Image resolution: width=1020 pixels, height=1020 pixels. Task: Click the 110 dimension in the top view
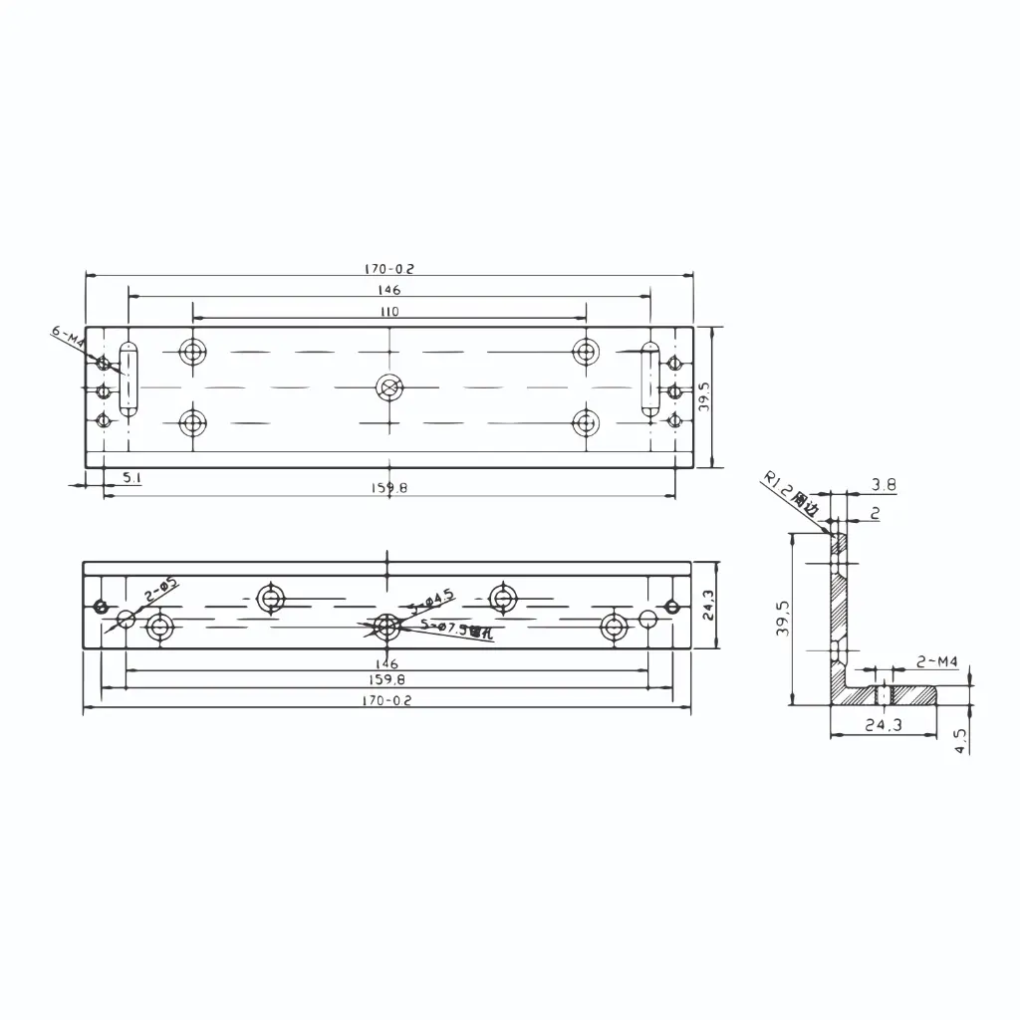(x=389, y=312)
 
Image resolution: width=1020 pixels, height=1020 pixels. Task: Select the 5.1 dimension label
(x=131, y=478)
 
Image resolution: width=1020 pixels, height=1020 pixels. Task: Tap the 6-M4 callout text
(x=69, y=337)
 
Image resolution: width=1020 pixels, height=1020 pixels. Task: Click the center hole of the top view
(x=388, y=387)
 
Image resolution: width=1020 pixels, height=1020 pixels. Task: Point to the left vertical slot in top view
(x=128, y=380)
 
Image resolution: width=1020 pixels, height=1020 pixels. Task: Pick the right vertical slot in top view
(x=649, y=380)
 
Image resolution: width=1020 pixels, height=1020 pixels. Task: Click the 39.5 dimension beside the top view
(x=703, y=396)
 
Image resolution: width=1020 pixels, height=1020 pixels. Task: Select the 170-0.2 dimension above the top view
(x=389, y=269)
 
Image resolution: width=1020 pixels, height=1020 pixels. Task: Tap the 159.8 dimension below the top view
(x=389, y=488)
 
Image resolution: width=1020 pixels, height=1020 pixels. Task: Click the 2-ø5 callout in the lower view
(x=160, y=589)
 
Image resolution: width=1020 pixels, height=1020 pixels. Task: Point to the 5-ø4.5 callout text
(x=434, y=599)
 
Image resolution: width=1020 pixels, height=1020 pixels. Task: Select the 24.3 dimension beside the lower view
(x=708, y=606)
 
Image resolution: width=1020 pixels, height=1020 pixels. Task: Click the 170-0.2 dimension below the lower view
(x=387, y=700)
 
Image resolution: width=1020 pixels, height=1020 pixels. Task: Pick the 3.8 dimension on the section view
(x=884, y=485)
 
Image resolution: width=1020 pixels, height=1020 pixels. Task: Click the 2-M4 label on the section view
(x=936, y=662)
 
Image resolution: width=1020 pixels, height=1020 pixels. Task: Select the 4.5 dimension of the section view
(x=960, y=740)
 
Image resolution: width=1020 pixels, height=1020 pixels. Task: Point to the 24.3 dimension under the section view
(x=883, y=725)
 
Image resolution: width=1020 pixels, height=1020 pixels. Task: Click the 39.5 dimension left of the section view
(x=783, y=618)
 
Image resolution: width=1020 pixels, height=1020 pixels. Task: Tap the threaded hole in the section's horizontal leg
(x=882, y=693)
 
